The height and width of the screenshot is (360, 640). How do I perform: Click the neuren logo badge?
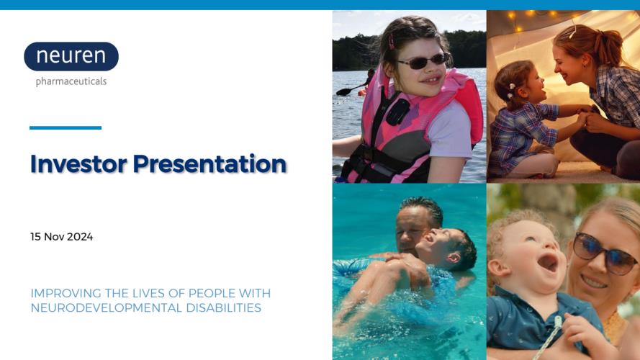(71, 56)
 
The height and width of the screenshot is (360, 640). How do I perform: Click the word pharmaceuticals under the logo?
(71, 81)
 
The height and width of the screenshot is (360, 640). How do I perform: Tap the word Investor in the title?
(78, 163)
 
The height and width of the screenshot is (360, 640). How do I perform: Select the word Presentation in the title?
(209, 164)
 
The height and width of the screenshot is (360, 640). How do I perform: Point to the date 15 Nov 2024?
(62, 237)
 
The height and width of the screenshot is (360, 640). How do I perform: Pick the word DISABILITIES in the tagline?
(224, 307)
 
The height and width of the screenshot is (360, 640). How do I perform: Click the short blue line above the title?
(66, 127)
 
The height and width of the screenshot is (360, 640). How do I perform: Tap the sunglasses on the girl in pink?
(423, 61)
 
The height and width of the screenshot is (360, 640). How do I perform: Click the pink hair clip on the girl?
(392, 41)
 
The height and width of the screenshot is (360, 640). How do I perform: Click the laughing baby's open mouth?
(547, 263)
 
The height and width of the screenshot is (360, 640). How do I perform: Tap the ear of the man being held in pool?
(454, 258)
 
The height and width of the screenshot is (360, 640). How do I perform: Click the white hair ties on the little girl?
(510, 91)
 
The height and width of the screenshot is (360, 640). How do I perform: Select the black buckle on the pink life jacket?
(397, 112)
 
